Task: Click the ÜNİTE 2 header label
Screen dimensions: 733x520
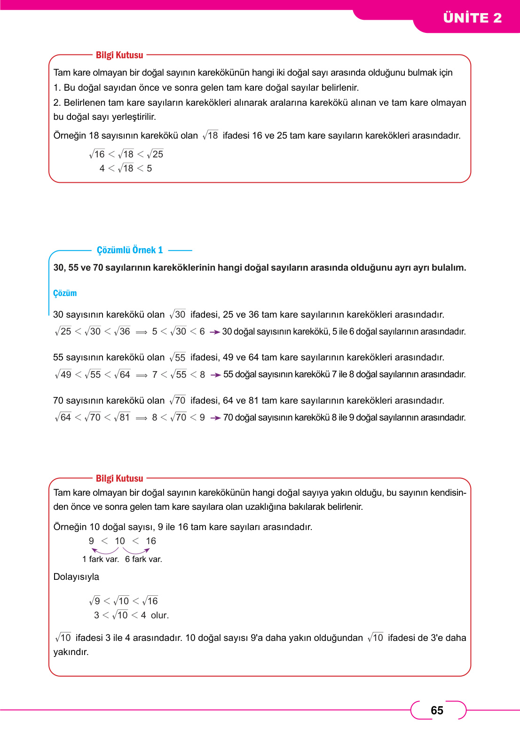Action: (x=472, y=18)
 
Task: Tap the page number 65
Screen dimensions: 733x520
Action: (x=437, y=710)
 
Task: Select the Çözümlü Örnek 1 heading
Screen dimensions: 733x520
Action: (x=130, y=250)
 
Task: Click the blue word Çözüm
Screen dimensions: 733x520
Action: (x=65, y=293)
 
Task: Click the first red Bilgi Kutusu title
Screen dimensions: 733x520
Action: (x=119, y=55)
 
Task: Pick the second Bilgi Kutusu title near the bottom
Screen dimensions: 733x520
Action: (x=119, y=478)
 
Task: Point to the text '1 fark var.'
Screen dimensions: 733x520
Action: (x=101, y=559)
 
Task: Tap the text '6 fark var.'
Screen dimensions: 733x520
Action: (x=143, y=559)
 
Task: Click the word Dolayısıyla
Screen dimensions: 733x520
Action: (x=76, y=577)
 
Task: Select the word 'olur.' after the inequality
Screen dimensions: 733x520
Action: (x=159, y=615)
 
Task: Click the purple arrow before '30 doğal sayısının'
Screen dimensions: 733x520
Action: (x=215, y=332)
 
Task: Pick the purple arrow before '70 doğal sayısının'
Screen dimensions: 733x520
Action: (x=216, y=418)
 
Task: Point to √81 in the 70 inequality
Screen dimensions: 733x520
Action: (x=122, y=417)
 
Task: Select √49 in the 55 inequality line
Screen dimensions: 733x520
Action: (x=63, y=374)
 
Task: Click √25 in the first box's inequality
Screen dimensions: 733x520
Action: (x=155, y=154)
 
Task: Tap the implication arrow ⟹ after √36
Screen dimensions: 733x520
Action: (x=142, y=332)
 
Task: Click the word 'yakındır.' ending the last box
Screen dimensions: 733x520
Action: (x=71, y=652)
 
